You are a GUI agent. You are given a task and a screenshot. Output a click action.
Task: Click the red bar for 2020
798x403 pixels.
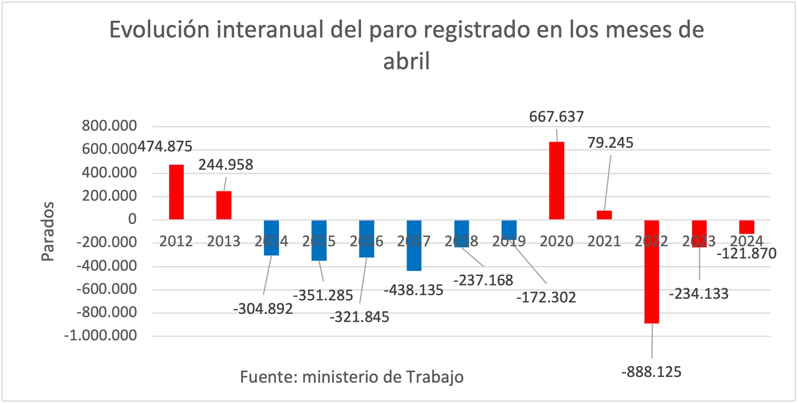pos(556,181)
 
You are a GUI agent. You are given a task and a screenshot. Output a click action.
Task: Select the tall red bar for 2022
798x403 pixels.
pos(652,272)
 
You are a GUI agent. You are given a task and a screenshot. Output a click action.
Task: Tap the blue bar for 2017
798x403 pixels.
pos(414,245)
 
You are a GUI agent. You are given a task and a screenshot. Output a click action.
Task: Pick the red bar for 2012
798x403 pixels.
pos(176,192)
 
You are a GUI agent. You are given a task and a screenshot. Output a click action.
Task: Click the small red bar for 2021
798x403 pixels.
pos(604,215)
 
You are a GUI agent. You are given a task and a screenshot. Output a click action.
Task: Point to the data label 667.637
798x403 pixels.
pos(556,117)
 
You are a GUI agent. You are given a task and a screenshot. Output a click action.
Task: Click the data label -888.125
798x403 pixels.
pos(651,372)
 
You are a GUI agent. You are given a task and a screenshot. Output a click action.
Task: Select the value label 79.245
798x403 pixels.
pos(610,143)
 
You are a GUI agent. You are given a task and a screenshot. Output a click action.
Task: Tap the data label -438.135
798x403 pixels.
pos(413,290)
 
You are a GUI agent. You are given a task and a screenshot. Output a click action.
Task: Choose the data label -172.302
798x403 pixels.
pos(546,298)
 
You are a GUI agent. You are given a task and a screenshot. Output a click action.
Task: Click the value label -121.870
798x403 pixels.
pos(746,254)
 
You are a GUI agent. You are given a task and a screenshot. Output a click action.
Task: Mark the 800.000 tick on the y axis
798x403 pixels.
pos(109,126)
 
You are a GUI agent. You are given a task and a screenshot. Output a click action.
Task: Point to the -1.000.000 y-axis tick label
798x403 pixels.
pos(100,336)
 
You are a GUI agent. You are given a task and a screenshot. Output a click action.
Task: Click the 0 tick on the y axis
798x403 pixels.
pos(132,219)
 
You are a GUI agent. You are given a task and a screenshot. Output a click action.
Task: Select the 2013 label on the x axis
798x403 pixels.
pos(223,241)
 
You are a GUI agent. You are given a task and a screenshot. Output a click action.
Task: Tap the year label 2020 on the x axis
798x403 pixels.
pos(556,241)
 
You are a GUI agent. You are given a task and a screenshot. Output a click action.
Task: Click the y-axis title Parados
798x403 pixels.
pos(48,231)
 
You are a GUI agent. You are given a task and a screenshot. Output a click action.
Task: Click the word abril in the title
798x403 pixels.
pos(406,61)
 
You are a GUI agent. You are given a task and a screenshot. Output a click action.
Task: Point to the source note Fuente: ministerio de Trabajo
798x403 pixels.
pos(352,377)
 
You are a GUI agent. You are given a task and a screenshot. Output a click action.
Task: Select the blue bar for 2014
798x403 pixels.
pos(271,238)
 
